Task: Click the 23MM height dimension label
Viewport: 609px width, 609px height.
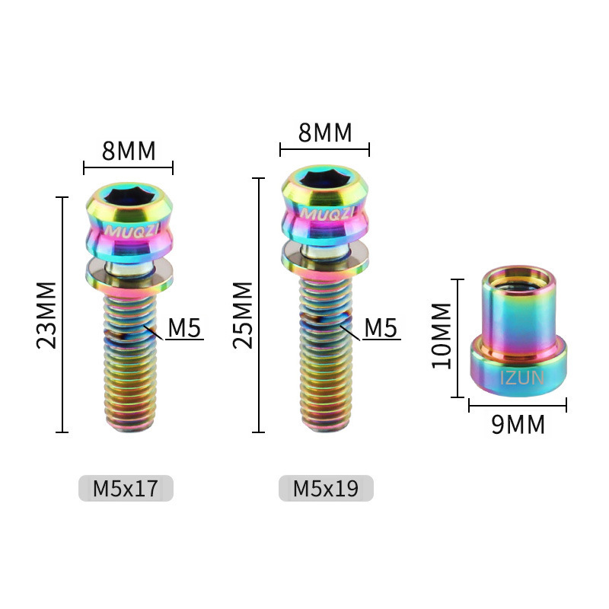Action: [x=46, y=315]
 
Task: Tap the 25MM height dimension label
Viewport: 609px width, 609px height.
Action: [x=243, y=315]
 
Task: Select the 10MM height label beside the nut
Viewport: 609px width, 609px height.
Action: [x=442, y=336]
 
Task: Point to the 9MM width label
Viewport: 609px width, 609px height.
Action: [x=518, y=424]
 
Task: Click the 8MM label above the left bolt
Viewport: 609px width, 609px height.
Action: [x=129, y=151]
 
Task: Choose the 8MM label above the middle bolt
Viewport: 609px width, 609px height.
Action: [x=325, y=132]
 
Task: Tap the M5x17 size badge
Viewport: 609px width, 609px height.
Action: [x=126, y=488]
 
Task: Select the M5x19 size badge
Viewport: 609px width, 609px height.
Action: [x=326, y=488]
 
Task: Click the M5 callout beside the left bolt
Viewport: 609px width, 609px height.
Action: [x=184, y=327]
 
